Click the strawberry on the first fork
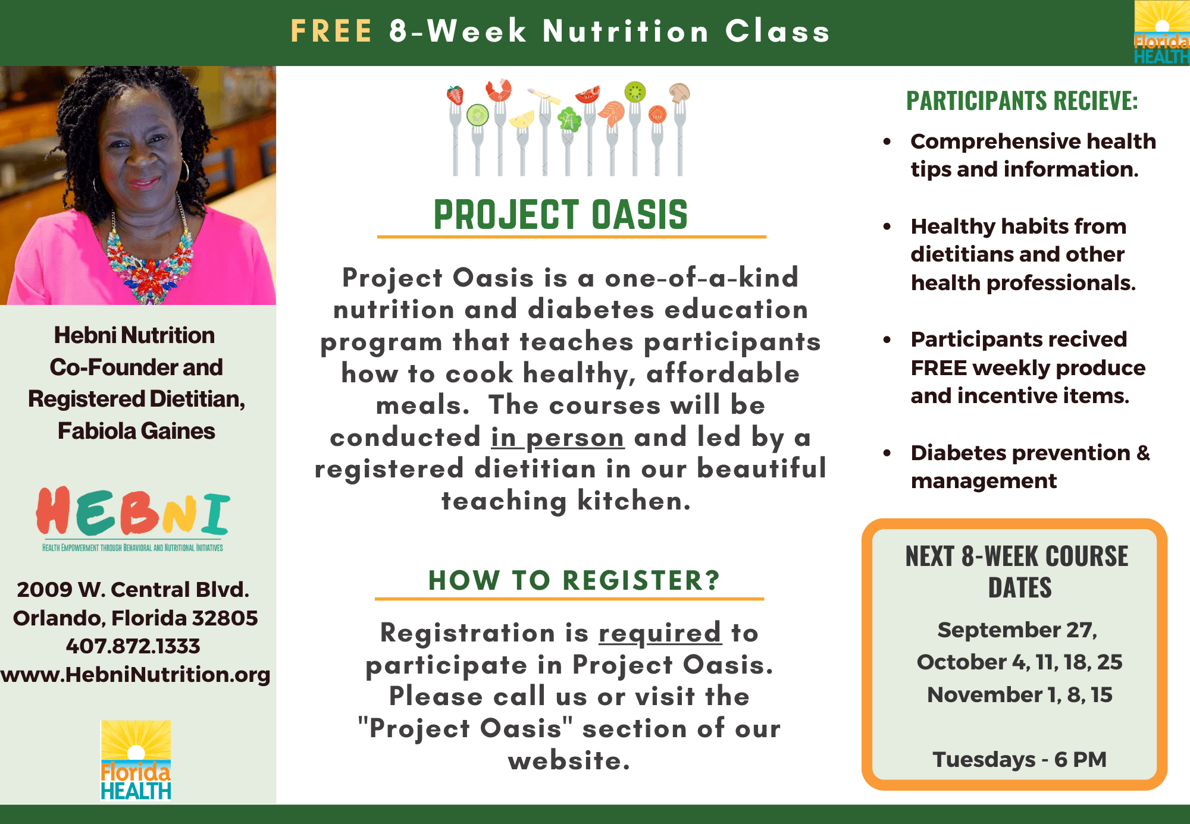coord(455,95)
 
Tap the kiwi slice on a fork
coord(635,92)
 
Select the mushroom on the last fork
coord(679,93)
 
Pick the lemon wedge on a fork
coord(522,119)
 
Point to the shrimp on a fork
coord(499,90)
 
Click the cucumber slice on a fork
coord(477,114)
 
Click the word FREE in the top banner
coord(331,31)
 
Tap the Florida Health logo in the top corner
coord(1161,32)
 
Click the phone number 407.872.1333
coord(133,646)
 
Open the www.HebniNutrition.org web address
coord(136,675)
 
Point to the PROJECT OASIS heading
coord(560,215)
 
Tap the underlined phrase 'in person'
coord(558,438)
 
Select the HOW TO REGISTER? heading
coord(574,580)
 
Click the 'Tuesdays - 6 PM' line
coord(1020,759)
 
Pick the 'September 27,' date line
coord(1018,630)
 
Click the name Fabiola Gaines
coord(136,431)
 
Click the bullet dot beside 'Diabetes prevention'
coord(887,452)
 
